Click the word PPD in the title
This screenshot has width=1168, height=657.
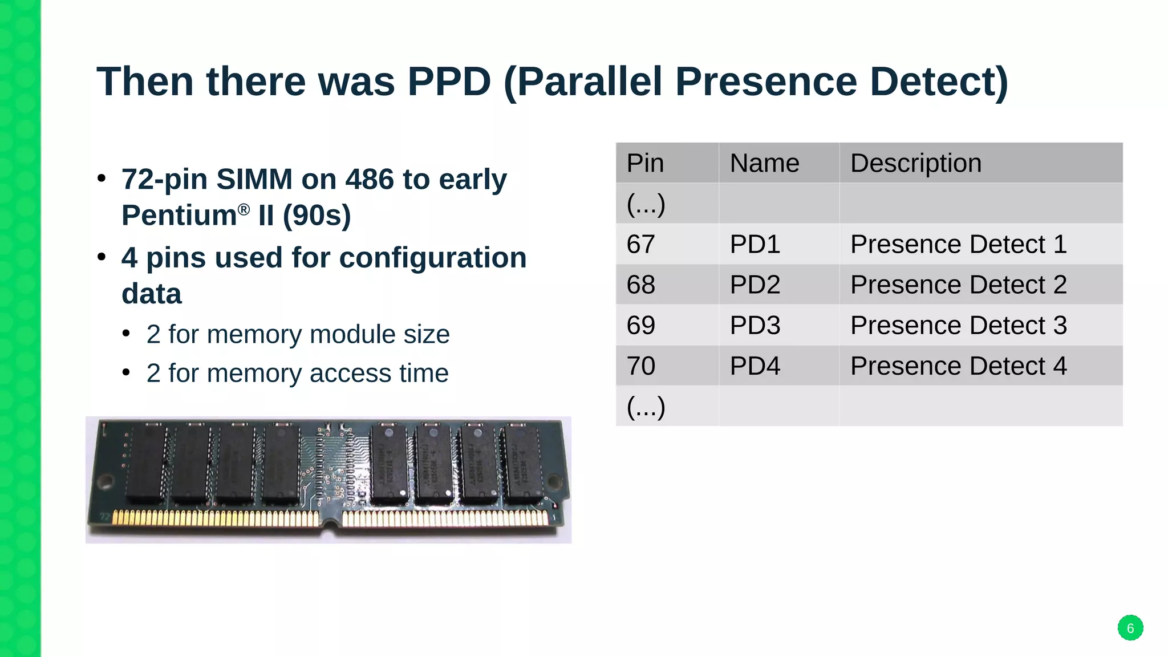(449, 82)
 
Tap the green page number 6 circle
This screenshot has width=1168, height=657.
(1130, 628)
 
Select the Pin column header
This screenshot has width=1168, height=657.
(645, 163)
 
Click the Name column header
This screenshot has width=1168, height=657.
(764, 163)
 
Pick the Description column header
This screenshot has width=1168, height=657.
(915, 163)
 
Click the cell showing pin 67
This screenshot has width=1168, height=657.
(640, 244)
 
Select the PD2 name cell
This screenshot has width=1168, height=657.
(755, 285)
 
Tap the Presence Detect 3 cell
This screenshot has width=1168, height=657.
(958, 325)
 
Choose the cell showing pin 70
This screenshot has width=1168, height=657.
(640, 366)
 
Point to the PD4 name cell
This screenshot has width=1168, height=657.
(755, 366)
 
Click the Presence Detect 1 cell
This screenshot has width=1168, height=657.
(958, 244)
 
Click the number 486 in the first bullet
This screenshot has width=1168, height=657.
(370, 180)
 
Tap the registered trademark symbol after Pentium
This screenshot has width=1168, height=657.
(244, 209)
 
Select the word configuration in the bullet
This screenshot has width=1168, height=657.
(433, 258)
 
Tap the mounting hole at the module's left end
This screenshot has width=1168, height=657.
(105, 482)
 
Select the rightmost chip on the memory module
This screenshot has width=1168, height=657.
(523, 463)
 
